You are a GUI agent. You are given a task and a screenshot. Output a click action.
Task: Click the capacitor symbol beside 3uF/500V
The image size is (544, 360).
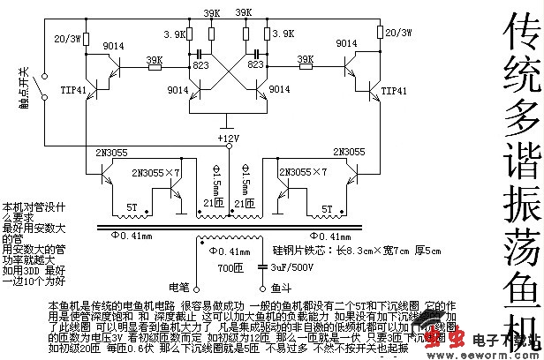[262, 265]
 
